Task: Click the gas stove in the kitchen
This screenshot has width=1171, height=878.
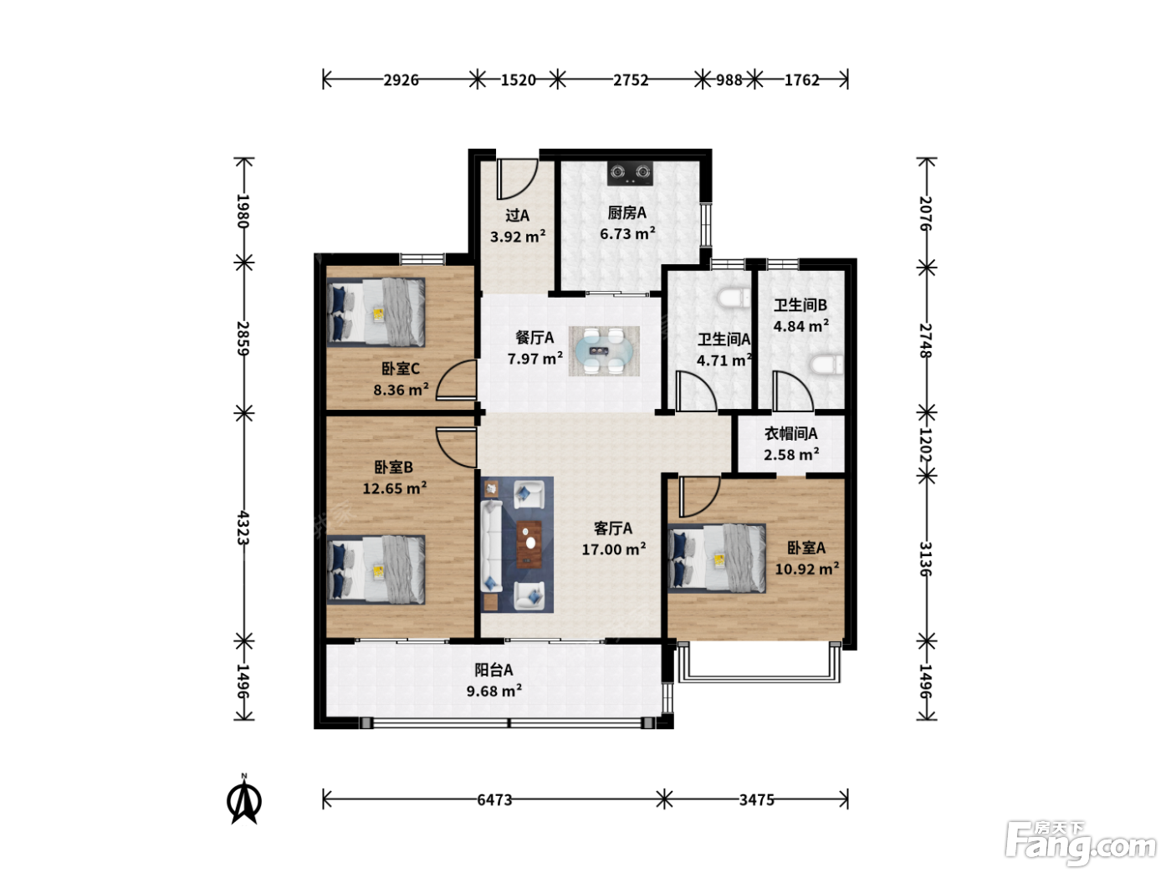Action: [630, 173]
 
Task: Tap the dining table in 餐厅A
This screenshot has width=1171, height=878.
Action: [604, 350]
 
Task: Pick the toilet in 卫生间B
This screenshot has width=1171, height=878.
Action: [826, 365]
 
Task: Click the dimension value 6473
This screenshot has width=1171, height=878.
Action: [494, 799]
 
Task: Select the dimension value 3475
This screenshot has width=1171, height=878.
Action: [756, 799]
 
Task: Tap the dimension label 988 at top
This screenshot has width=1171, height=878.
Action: [729, 80]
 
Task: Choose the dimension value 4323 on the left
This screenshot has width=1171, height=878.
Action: [243, 528]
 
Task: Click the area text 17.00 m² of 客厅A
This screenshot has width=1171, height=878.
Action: [613, 549]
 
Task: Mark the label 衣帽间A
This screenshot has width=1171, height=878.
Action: [790, 434]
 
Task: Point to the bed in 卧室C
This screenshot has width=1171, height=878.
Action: [376, 313]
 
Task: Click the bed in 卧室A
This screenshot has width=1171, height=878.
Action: [717, 558]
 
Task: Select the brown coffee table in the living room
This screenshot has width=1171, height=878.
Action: [529, 544]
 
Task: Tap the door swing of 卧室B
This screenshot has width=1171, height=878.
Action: [456, 447]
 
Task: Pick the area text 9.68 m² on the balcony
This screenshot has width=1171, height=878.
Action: [494, 691]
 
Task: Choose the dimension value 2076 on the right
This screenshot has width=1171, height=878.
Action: [926, 213]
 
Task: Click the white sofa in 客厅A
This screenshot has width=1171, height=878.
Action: [491, 546]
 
